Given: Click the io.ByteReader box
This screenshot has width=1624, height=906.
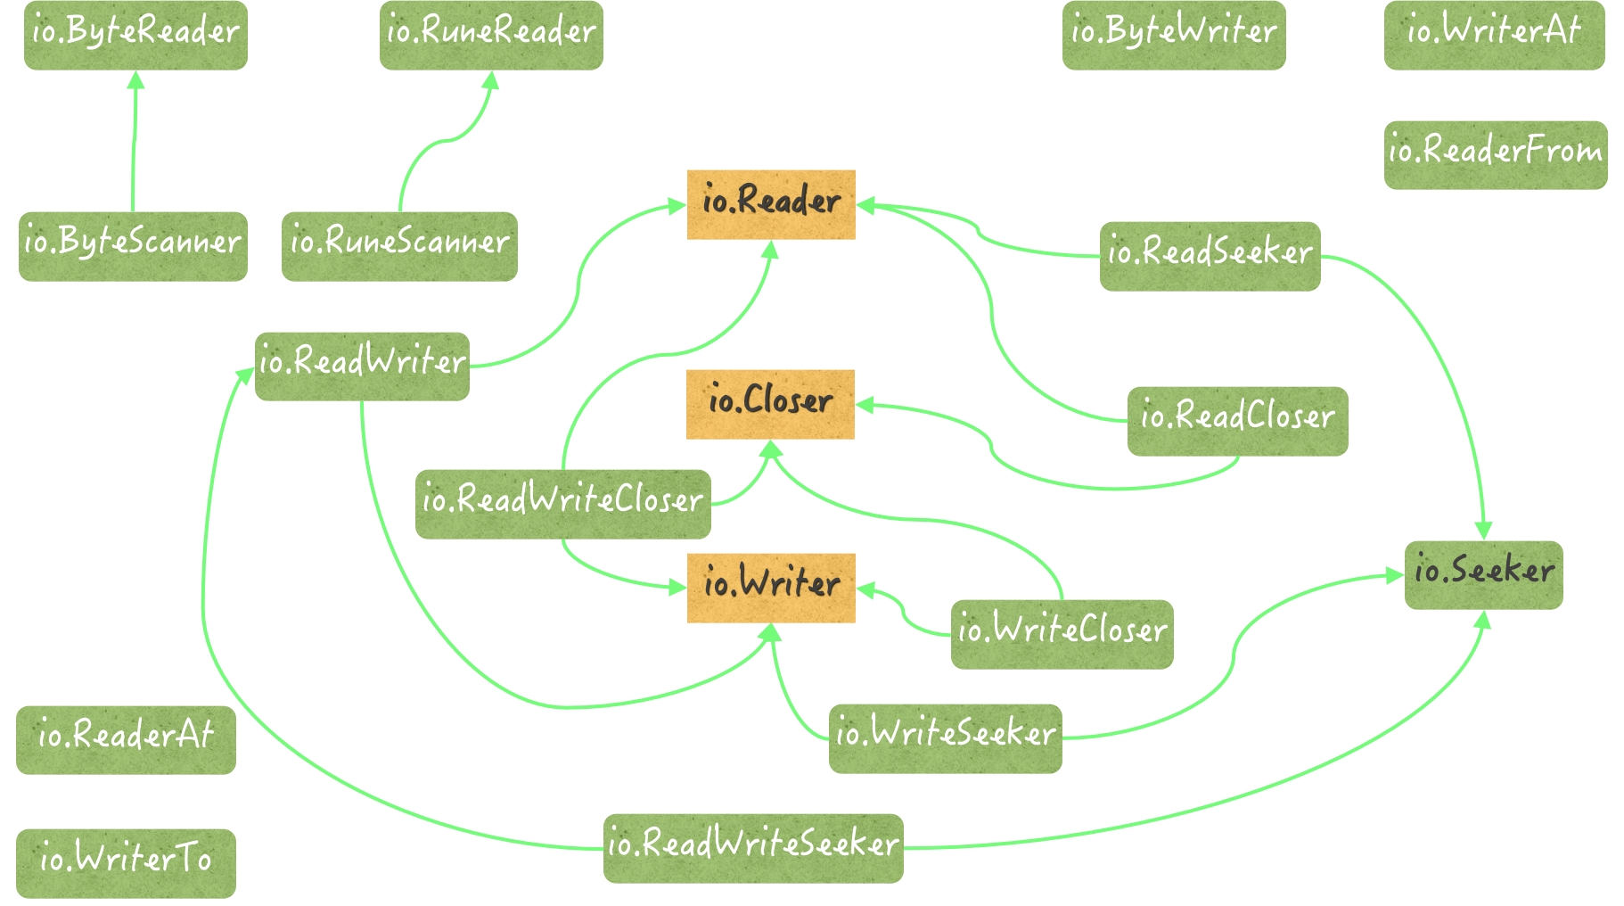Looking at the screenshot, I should click(x=135, y=35).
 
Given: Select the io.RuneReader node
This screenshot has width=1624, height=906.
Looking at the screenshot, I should click(x=491, y=35).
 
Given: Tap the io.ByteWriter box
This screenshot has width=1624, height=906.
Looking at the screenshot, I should click(x=1173, y=35).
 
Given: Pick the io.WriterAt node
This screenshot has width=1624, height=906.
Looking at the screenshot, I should click(x=1494, y=35).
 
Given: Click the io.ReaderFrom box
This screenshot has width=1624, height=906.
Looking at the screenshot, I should click(x=1495, y=154).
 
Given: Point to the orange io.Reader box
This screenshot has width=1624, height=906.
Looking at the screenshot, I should click(x=771, y=204).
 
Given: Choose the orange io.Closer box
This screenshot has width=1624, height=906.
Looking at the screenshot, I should click(x=770, y=404).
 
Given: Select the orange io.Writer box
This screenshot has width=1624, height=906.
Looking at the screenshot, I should click(x=771, y=588).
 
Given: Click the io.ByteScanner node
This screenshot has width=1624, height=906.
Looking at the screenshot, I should click(x=133, y=246).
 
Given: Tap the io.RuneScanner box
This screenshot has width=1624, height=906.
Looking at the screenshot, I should click(x=399, y=246).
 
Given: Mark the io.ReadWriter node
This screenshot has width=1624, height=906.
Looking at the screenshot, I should click(x=362, y=366).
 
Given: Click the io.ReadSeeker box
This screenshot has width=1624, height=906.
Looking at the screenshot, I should click(x=1210, y=256).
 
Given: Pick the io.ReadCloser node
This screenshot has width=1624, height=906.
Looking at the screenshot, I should click(x=1237, y=421).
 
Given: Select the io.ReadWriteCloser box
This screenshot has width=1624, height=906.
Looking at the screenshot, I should click(x=562, y=504).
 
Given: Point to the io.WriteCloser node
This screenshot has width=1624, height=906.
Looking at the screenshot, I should click(x=1062, y=634).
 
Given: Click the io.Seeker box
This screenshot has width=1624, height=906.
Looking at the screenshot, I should click(x=1483, y=575).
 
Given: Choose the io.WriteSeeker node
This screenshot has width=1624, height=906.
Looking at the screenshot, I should click(x=945, y=738).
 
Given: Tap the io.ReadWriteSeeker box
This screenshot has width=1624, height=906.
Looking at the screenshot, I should click(x=753, y=848).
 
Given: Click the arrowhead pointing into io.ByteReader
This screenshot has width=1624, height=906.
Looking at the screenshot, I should click(x=135, y=80).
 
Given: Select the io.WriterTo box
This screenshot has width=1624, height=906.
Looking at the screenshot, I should click(x=126, y=863).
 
